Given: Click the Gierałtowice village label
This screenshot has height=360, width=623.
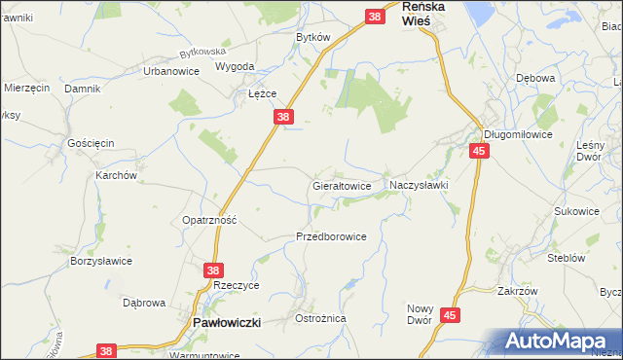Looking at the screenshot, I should pyautogui.click(x=342, y=184).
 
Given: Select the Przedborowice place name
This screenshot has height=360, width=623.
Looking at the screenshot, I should pyautogui.click(x=331, y=236).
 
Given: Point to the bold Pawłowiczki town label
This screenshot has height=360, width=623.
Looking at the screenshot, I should pyautogui.click(x=226, y=322).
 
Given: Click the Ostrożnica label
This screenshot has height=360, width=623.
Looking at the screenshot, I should pyautogui.click(x=320, y=319).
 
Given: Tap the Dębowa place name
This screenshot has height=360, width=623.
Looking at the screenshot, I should pyautogui.click(x=535, y=78).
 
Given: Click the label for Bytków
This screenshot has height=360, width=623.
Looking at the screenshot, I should pyautogui.click(x=313, y=37).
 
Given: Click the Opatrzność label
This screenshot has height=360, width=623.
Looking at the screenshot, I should pyautogui.click(x=210, y=221).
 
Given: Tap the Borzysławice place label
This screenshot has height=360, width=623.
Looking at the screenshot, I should pyautogui.click(x=101, y=262).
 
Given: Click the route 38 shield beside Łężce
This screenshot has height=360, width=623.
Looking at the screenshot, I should pyautogui.click(x=282, y=117).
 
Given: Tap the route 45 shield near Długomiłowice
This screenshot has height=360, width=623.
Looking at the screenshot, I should pyautogui.click(x=478, y=151).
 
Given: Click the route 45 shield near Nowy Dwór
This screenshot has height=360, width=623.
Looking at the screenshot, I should pyautogui.click(x=449, y=315).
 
